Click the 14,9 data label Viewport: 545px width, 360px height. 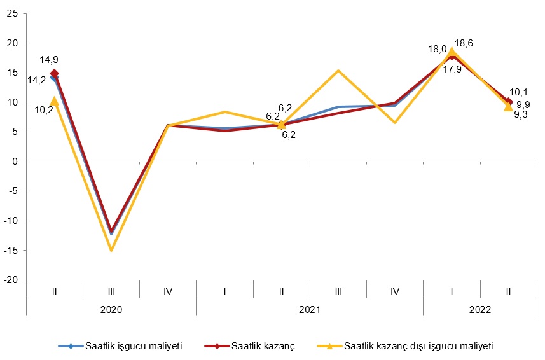49,60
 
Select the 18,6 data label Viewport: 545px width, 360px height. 464,44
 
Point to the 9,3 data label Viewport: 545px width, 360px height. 521,114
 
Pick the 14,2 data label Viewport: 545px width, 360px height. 36,80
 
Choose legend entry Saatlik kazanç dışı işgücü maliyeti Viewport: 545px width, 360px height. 418,346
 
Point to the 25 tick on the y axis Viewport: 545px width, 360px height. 13,13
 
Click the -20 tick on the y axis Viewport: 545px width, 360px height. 11,280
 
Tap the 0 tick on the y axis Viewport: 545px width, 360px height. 15,162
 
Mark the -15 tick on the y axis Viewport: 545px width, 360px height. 11,251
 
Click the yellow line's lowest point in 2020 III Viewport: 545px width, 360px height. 111,250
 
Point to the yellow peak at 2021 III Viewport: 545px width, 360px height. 338,71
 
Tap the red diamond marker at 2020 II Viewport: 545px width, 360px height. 55,74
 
